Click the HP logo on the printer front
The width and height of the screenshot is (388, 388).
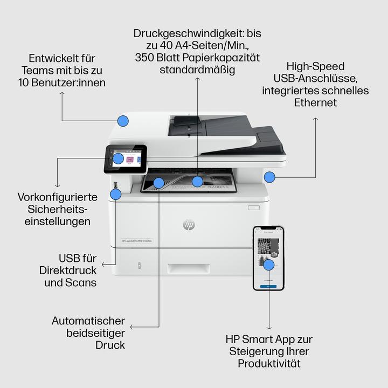point(189,224)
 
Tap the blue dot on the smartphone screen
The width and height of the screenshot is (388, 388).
point(269,265)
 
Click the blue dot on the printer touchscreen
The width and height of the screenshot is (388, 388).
point(119,158)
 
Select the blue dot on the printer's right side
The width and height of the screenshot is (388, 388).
point(269,176)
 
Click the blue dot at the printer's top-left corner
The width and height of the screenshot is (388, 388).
point(123,121)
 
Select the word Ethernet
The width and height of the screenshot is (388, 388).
point(315,102)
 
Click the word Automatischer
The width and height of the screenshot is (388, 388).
point(89,321)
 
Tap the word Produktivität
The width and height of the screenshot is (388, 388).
point(269,364)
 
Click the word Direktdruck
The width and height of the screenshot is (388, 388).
point(70,270)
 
